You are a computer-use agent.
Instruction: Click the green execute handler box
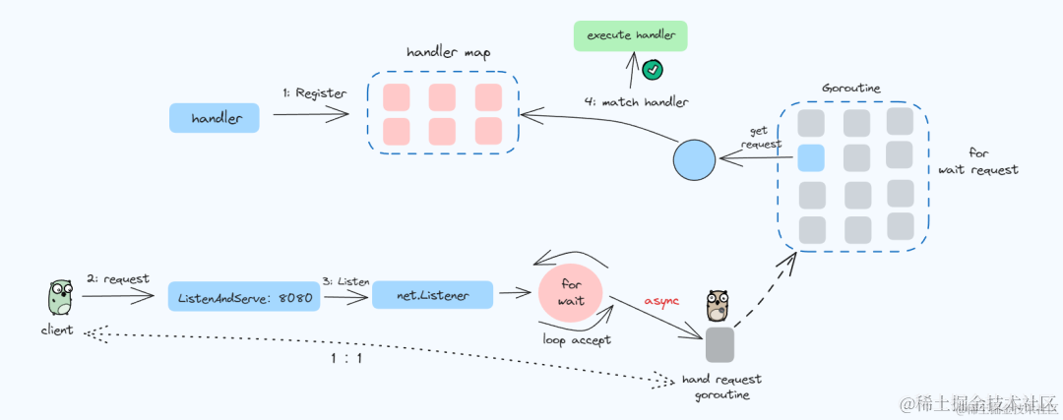(x=631, y=36)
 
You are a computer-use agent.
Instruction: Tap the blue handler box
(x=215, y=118)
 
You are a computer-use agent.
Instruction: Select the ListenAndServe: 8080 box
(x=244, y=297)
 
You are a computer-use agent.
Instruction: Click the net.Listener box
(x=432, y=295)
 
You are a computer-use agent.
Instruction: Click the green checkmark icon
(x=653, y=69)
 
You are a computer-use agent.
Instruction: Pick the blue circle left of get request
(x=694, y=160)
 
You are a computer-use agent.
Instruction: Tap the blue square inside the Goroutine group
(x=811, y=157)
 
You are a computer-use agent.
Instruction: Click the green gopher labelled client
(x=60, y=298)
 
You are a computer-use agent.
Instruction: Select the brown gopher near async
(x=718, y=306)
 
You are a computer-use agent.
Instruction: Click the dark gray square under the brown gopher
(x=719, y=344)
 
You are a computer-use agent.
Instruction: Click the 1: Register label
(x=315, y=93)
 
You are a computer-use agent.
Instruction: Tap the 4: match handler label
(x=637, y=102)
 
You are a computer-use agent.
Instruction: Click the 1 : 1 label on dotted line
(x=346, y=358)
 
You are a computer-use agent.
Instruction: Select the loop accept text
(x=577, y=339)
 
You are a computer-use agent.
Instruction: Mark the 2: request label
(x=117, y=278)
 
